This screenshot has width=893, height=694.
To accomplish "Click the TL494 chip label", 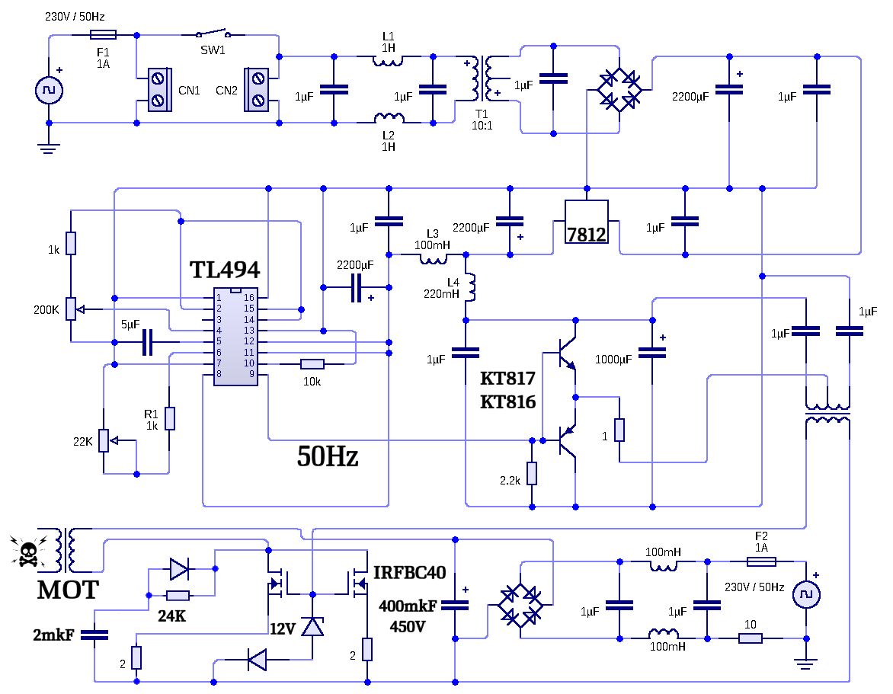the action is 224,270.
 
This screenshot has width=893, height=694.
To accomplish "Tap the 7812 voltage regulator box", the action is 587,222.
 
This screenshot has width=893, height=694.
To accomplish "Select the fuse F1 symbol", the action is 103,35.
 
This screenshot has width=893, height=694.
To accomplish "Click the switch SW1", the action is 212,32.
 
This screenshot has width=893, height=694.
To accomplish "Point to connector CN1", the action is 159,89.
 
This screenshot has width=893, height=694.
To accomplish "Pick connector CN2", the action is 256,89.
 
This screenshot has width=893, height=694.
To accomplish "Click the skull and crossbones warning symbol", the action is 28,552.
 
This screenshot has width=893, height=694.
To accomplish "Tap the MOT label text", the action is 68,590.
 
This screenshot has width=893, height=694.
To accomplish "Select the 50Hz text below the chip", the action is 328,456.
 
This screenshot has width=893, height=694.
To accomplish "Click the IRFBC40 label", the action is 409,573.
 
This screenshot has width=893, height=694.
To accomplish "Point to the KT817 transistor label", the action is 507,379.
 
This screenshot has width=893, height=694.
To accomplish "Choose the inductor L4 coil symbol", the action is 470,287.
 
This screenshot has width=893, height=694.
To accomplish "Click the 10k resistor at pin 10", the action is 312,364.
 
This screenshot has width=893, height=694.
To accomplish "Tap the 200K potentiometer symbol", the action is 72,309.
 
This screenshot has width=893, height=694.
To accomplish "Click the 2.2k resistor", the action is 532,473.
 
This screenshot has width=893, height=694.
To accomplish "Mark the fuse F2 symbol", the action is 761,562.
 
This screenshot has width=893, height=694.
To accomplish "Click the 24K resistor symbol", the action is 177,596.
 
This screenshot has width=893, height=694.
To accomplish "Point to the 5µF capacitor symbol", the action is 148,342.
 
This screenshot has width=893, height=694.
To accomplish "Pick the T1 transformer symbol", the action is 482,78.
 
